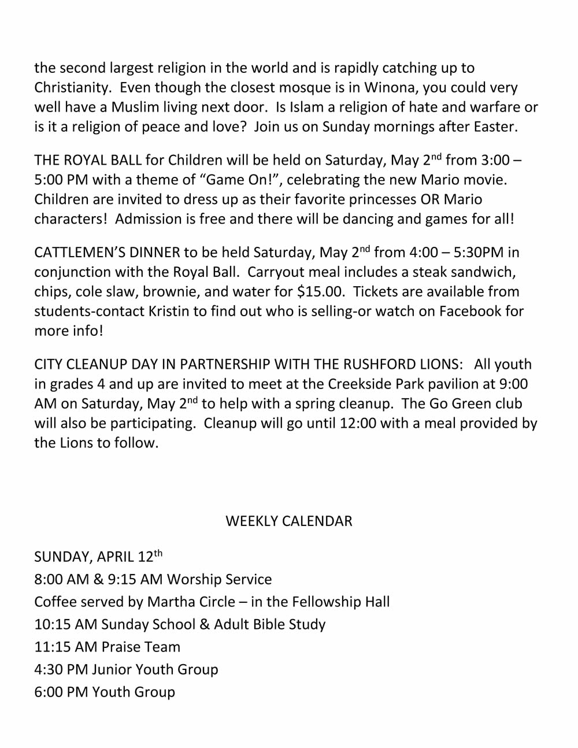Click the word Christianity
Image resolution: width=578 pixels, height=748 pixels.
tap(72, 88)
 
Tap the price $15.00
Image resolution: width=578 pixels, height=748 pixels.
tap(320, 292)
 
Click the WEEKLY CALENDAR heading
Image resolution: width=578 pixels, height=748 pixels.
tap(288, 521)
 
